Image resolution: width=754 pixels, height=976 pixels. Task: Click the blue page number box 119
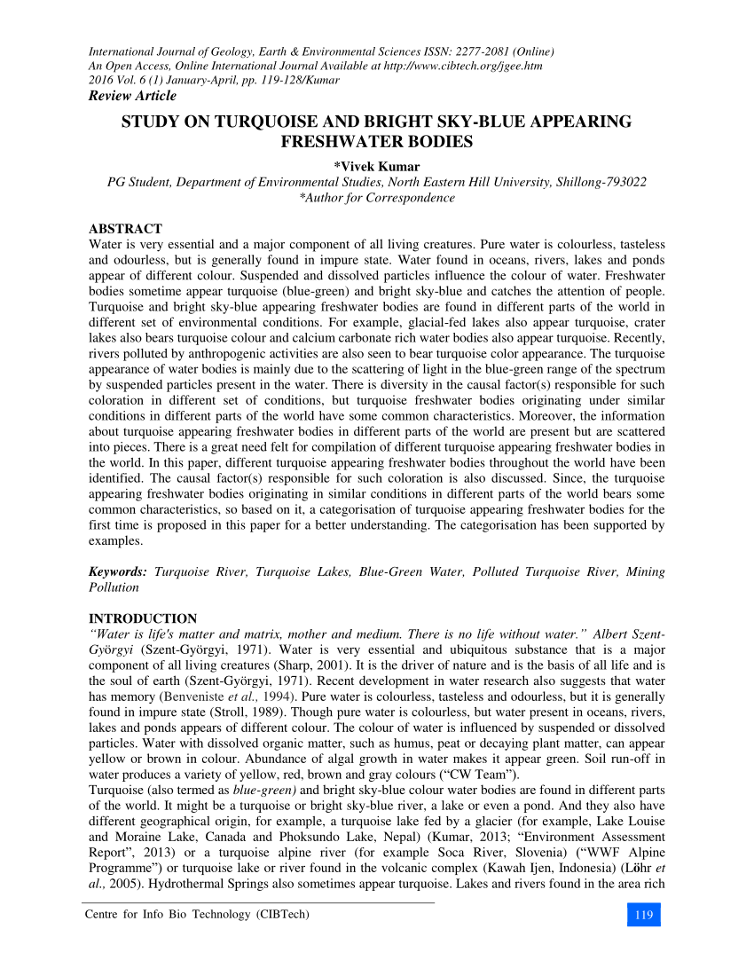(644, 915)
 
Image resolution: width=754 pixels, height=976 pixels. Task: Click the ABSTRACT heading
(125, 229)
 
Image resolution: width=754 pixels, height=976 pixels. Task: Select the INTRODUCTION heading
(143, 618)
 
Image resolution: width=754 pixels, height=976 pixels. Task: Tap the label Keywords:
(117, 572)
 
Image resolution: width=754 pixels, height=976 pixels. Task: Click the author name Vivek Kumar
(377, 166)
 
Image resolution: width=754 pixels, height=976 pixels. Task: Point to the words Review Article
(132, 96)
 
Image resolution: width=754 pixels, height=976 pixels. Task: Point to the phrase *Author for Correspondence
(377, 198)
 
